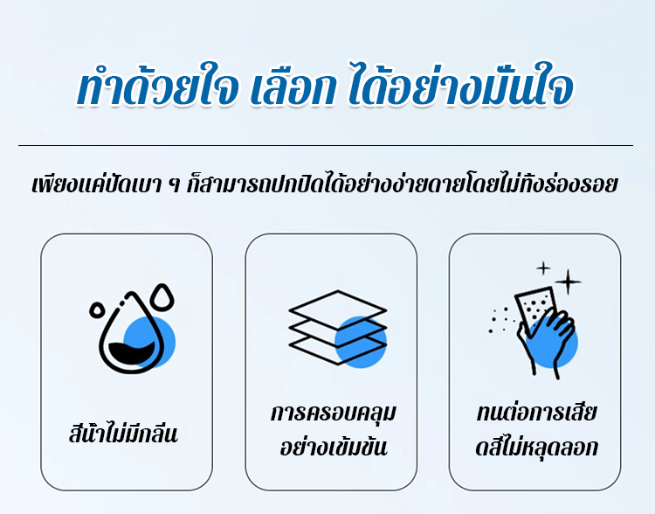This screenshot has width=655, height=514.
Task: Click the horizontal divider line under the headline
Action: (x=326, y=145)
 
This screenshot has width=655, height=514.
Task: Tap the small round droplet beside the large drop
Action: (x=97, y=310)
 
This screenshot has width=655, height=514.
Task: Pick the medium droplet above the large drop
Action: (x=163, y=297)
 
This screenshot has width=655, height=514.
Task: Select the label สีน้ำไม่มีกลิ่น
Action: (x=124, y=434)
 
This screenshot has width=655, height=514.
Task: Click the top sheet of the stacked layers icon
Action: (x=337, y=310)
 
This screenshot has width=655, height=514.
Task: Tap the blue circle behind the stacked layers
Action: (x=361, y=342)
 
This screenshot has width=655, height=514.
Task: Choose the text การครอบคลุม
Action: (x=333, y=413)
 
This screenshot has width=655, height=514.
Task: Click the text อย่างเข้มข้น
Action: (x=334, y=446)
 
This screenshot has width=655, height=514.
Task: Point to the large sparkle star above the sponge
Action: (x=569, y=281)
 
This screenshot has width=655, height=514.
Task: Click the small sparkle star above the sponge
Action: (x=543, y=268)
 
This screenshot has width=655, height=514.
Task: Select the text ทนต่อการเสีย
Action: (x=536, y=413)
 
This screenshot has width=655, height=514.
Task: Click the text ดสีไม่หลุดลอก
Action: (x=537, y=447)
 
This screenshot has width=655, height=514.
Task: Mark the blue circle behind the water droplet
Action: (x=149, y=342)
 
